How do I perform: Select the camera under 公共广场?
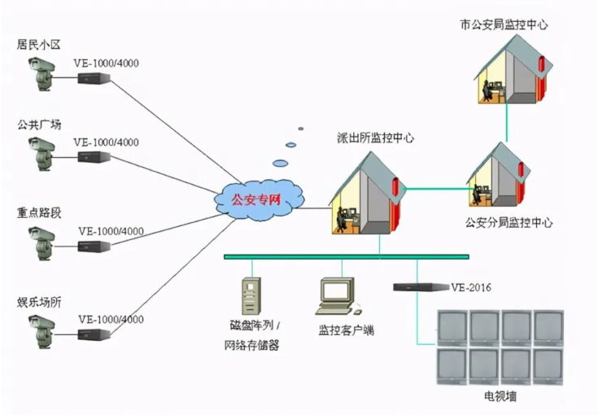point(41,154)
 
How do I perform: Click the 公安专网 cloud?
point(259,199)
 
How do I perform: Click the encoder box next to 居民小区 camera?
point(94,78)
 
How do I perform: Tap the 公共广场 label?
point(38,124)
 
